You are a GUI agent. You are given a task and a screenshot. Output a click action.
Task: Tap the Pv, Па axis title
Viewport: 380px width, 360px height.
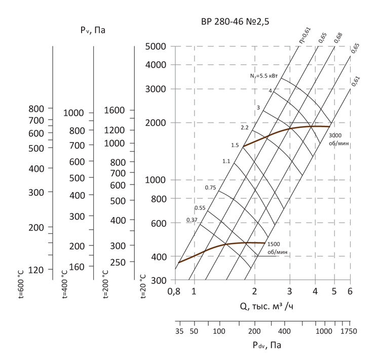(92, 31)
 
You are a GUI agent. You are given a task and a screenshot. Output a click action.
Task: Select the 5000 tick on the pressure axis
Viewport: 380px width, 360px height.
(156, 47)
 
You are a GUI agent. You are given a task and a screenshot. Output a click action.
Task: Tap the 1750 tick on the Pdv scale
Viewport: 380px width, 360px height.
(348, 331)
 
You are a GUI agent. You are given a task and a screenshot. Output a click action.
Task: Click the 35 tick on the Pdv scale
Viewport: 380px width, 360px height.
(179, 331)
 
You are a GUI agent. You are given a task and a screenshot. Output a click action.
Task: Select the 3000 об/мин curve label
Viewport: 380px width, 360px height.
(339, 139)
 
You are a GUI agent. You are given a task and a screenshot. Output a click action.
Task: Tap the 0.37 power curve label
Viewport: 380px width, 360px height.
(192, 220)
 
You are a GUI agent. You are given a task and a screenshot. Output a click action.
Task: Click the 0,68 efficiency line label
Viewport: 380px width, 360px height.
(338, 38)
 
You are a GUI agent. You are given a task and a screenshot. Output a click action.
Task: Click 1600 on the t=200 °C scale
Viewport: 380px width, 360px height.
(115, 110)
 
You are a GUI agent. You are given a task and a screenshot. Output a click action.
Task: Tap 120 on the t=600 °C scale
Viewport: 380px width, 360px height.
(36, 270)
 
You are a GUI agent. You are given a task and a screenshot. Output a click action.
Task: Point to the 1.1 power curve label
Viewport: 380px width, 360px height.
(226, 161)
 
